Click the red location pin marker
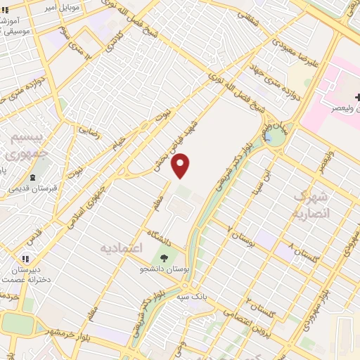[181, 165]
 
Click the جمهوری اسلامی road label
[91, 205]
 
